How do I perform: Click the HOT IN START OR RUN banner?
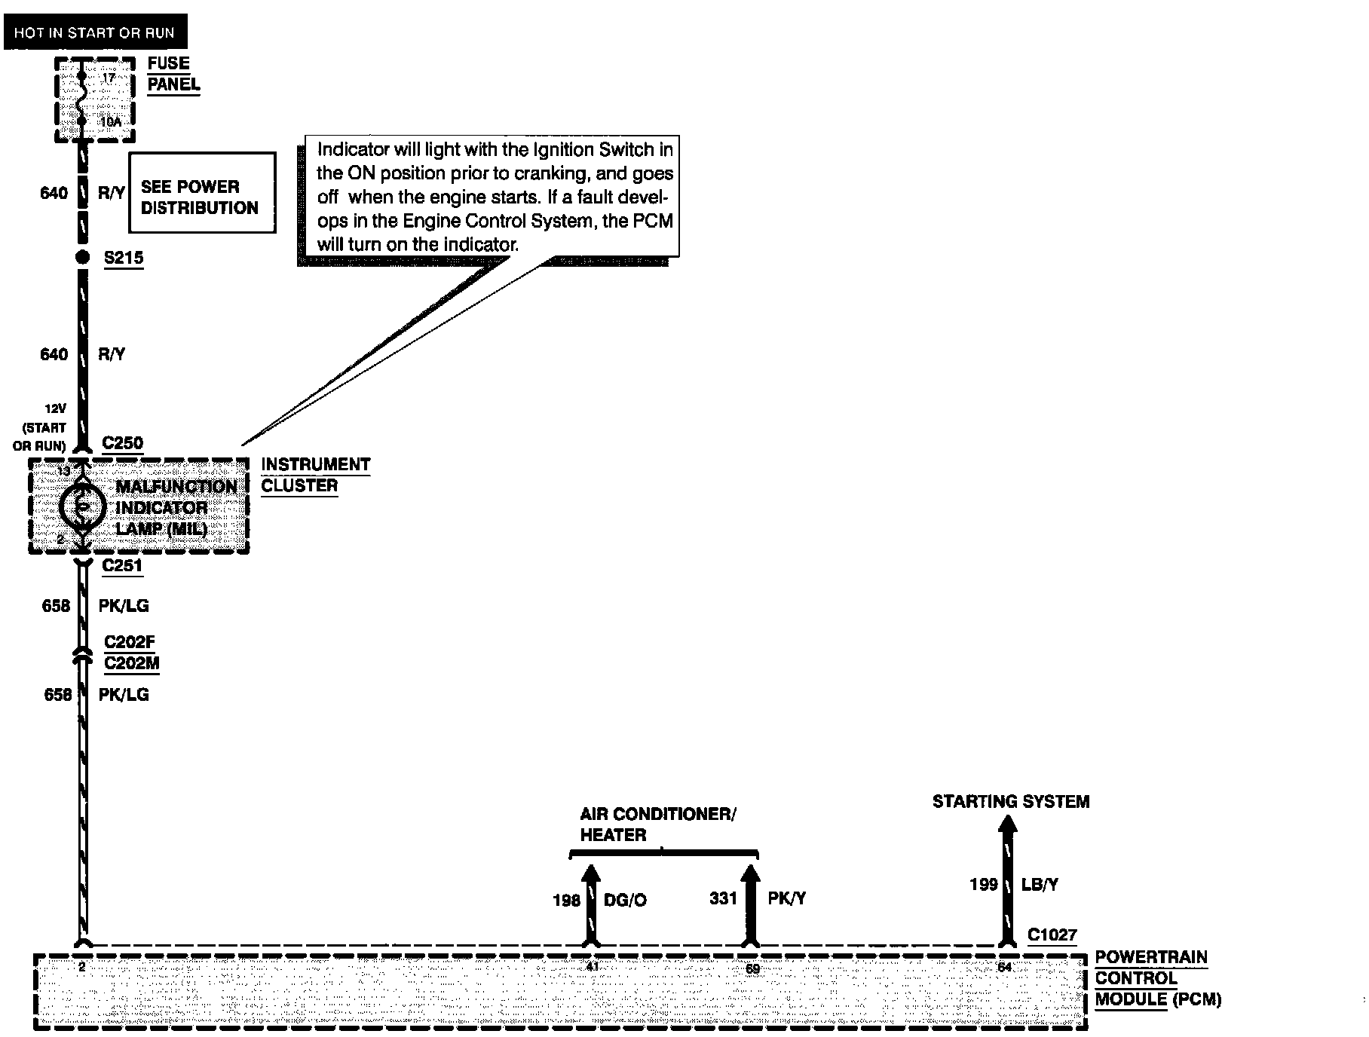[x=94, y=32]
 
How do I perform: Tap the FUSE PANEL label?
[x=173, y=74]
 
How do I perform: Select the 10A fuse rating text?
[x=110, y=121]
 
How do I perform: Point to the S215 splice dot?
[x=83, y=258]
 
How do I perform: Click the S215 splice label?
[x=124, y=258]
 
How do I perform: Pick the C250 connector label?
[x=123, y=443]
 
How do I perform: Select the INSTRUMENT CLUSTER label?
[x=316, y=475]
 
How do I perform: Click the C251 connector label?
[x=122, y=566]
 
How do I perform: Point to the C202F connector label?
[x=130, y=643]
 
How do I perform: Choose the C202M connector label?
[x=131, y=664]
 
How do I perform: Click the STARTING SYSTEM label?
[x=1011, y=802]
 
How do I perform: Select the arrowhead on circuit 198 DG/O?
[x=591, y=875]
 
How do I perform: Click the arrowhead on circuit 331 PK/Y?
[x=750, y=875]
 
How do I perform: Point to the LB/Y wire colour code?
[x=1040, y=885]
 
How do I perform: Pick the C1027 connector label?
[x=1052, y=935]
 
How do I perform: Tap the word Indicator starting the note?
[x=353, y=149]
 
